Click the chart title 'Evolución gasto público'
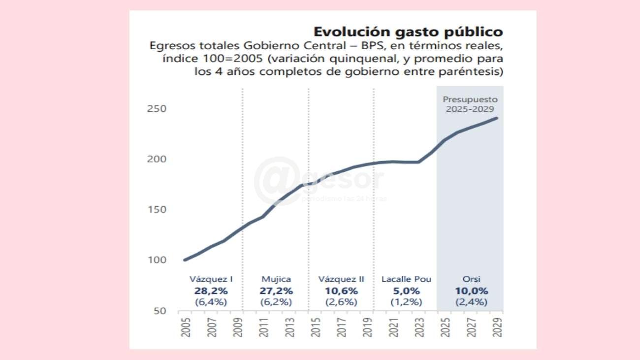tap(408, 32)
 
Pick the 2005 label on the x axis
tap(186, 327)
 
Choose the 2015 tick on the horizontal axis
tap(316, 327)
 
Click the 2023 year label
tap(420, 327)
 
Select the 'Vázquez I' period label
tap(211, 279)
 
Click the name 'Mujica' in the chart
tap(276, 279)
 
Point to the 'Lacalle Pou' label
tap(406, 279)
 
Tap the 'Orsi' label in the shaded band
tap(471, 279)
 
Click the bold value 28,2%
tap(211, 291)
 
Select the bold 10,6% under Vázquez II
tap(341, 291)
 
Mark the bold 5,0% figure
tap(406, 291)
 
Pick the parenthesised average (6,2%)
tap(276, 302)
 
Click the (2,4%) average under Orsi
tap(471, 302)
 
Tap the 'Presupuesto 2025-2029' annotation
tap(470, 104)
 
